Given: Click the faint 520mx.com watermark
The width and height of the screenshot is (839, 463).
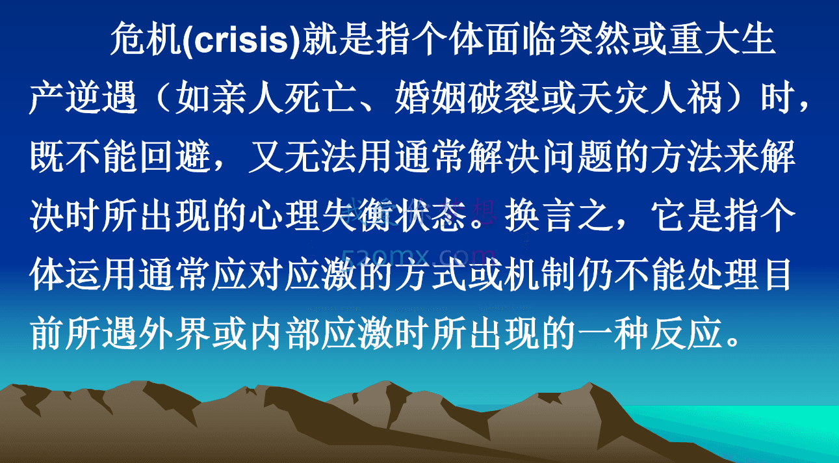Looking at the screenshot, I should click(x=419, y=254).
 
